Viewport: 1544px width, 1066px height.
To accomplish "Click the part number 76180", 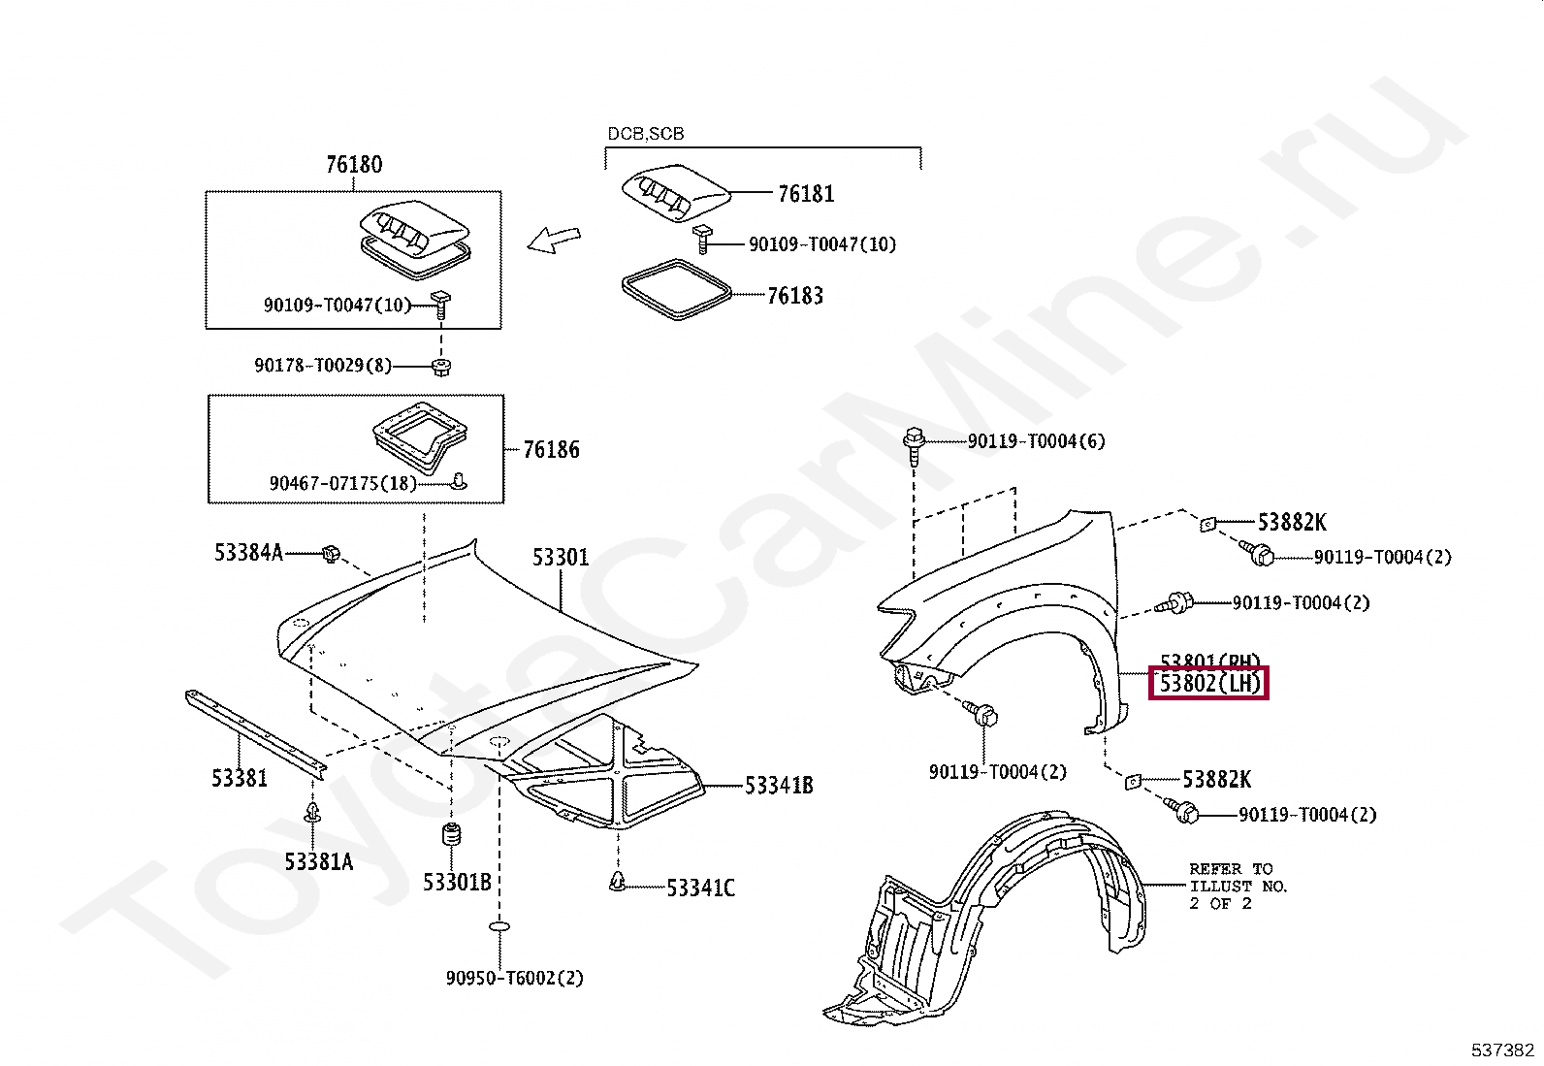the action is point(354,165).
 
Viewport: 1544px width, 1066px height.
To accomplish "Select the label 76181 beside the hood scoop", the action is point(805,194).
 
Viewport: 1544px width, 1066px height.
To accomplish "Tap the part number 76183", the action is point(794,296).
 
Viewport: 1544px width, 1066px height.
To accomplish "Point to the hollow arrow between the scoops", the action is point(554,238).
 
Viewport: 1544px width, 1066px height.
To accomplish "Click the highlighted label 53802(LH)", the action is point(1209,684).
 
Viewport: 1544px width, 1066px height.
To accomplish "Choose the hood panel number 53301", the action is point(560,558).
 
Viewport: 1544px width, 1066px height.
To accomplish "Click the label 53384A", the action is point(248,553).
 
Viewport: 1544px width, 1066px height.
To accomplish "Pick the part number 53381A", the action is point(318,861).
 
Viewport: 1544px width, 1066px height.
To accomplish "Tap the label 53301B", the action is point(456,883).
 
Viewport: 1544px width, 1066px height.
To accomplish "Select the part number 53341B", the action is point(778,786).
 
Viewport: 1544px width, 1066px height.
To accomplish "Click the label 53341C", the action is point(700,888).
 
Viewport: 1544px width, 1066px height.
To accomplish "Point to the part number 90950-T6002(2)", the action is point(514,978).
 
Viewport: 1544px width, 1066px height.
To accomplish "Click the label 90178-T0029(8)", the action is point(323,366).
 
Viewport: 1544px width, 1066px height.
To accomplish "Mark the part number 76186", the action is point(551,450).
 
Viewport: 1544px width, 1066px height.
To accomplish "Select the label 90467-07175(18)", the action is point(342,483).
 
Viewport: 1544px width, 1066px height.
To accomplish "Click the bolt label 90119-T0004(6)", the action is point(1036,441).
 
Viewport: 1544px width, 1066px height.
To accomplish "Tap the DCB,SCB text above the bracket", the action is point(645,134).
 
